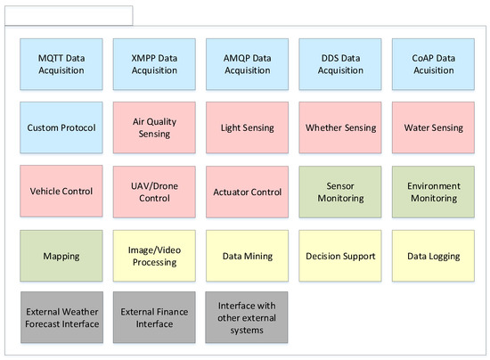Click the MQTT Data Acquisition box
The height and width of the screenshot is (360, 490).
[x=61, y=63]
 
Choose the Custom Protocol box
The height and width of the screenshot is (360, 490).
[x=61, y=127]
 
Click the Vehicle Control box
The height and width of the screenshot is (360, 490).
[x=61, y=192]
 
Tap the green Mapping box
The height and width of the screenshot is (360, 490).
[x=61, y=256]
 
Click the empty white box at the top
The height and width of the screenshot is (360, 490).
[x=69, y=15]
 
